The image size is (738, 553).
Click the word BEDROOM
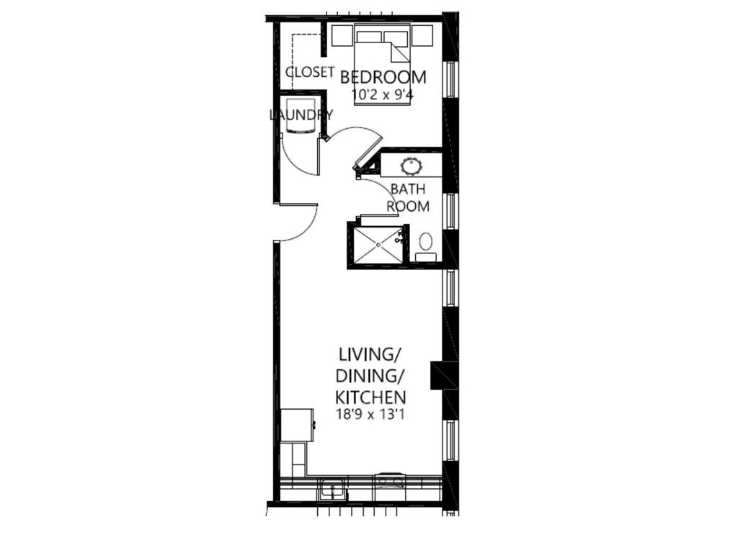383,77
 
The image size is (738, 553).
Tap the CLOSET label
310,72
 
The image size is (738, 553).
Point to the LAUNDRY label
301,114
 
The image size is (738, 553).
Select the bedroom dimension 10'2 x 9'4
383,94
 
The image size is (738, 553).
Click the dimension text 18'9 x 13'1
370,414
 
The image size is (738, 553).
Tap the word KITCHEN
370,397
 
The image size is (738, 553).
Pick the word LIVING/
370,354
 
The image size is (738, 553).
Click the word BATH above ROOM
408,189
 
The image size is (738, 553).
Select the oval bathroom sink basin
412,166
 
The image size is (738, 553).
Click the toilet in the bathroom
426,243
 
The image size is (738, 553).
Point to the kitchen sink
332,490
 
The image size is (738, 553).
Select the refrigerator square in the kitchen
296,425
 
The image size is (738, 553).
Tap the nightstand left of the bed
340,34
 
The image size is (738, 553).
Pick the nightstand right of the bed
422,34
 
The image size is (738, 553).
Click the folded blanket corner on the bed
399,53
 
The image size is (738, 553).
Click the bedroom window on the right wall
450,79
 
